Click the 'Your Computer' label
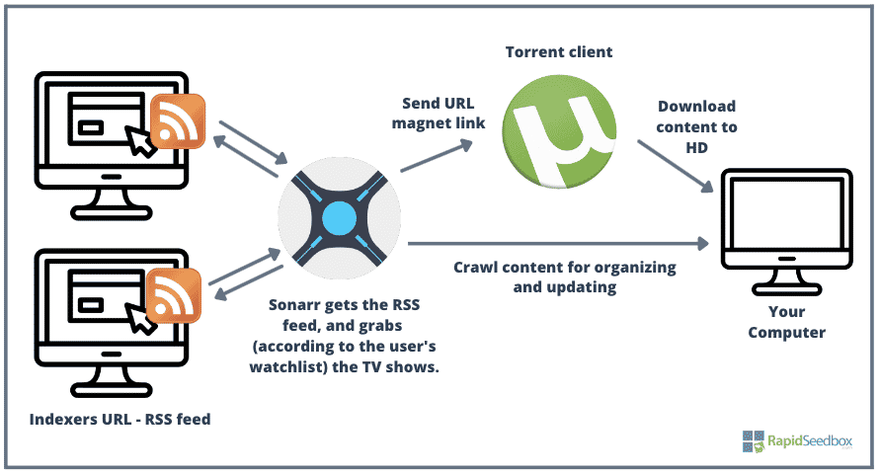click(786, 322)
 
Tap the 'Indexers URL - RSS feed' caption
click(120, 419)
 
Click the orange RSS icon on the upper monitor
click(177, 120)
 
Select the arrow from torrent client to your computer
click(676, 164)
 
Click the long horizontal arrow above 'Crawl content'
click(558, 242)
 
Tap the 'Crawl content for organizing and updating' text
click(564, 278)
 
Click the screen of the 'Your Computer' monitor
click(786, 222)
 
